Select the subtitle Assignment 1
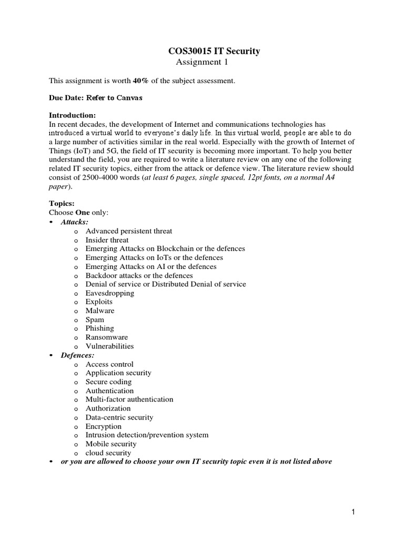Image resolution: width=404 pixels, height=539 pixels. point(201,62)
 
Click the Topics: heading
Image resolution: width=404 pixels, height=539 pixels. point(63,203)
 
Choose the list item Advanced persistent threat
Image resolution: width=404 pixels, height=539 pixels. point(129,231)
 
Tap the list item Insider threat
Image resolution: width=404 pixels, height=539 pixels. point(107,240)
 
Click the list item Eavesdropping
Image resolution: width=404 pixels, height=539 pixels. point(110,293)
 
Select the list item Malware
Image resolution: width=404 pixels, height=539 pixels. point(100,311)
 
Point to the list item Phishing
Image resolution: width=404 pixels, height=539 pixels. point(100,328)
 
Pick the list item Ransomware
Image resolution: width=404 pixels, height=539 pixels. point(107,337)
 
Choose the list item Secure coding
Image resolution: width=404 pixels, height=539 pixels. point(109,382)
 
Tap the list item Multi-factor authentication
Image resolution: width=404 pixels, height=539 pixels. point(129,400)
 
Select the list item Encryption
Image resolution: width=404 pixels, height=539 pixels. point(104,426)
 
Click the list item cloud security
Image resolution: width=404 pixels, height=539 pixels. point(108,453)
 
